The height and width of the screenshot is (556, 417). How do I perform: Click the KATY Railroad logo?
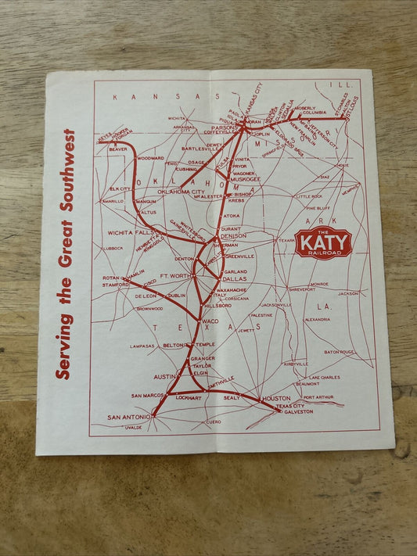(323, 243)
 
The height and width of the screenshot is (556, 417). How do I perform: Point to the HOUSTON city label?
(276, 398)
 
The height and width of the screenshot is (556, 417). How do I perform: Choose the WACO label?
(210, 321)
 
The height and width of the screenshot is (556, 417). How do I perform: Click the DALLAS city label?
(233, 278)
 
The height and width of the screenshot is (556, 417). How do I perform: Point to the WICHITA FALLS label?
(130, 232)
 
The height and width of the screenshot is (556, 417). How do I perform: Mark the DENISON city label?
(233, 235)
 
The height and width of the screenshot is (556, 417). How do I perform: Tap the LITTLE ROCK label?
(308, 196)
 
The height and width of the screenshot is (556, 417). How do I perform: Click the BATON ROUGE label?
(340, 352)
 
